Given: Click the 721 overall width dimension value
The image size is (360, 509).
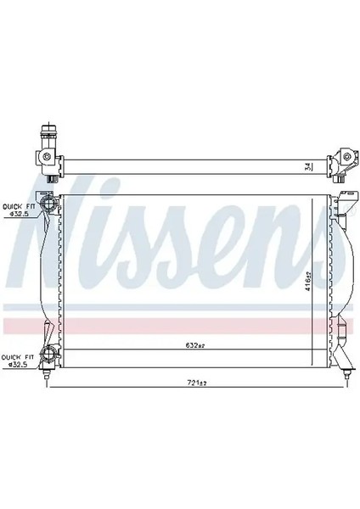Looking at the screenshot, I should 198,383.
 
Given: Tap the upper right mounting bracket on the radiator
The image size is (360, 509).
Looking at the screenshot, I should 342,204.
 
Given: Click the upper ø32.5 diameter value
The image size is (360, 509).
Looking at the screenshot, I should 20,214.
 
